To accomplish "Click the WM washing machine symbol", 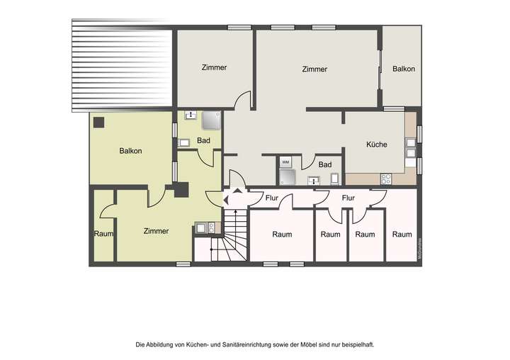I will pyautogui.click(x=285, y=162).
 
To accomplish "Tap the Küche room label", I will pyautogui.click(x=376, y=145).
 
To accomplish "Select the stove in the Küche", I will pyautogui.click(x=386, y=179).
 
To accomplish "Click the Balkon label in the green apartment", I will pyautogui.click(x=130, y=151).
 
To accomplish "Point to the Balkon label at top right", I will pyautogui.click(x=403, y=69).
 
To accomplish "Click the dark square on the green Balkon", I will pyautogui.click(x=98, y=122).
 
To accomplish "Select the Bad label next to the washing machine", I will pyautogui.click(x=324, y=164).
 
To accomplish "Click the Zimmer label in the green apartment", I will pyautogui.click(x=156, y=231).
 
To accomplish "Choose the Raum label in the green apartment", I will pyautogui.click(x=103, y=234).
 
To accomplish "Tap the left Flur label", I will pyautogui.click(x=271, y=198).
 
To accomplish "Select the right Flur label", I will pyautogui.click(x=348, y=198).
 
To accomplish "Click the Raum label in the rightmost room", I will pyautogui.click(x=402, y=235).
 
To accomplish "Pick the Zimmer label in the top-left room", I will pyautogui.click(x=214, y=68).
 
